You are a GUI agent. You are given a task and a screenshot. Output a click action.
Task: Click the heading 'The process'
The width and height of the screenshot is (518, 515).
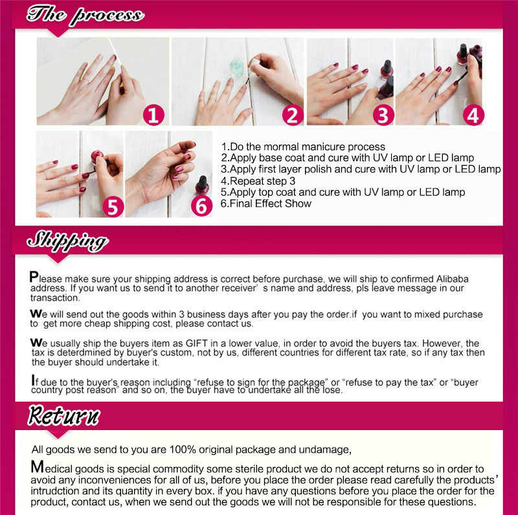85,15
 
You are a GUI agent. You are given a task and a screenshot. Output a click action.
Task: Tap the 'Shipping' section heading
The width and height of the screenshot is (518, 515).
67,241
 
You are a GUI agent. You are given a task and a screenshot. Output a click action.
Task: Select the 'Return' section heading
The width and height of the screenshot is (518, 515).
63,415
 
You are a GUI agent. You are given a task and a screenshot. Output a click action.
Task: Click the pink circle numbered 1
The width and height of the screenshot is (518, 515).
153,115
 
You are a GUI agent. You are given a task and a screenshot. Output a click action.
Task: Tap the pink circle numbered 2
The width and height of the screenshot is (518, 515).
293,115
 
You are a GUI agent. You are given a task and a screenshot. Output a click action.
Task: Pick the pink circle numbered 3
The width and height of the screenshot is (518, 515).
383,115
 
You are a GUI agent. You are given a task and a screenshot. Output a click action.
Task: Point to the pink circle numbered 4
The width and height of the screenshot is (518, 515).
473,115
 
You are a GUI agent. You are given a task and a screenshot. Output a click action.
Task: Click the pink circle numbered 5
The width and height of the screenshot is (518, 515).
113,207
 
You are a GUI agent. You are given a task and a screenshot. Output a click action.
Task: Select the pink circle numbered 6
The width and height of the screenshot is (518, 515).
201,206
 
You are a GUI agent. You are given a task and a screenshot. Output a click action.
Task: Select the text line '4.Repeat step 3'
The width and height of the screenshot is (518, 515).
258,181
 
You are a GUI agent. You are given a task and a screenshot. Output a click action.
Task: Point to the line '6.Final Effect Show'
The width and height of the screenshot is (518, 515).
266,203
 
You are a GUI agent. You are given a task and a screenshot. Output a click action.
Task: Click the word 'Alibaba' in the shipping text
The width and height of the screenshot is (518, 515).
452,279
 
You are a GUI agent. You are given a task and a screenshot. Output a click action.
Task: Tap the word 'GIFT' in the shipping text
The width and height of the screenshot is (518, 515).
197,343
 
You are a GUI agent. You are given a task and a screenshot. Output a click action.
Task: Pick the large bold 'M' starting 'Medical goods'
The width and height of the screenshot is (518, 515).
38,467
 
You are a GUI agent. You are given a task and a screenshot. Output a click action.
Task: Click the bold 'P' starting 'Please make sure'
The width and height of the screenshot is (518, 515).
34,277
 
